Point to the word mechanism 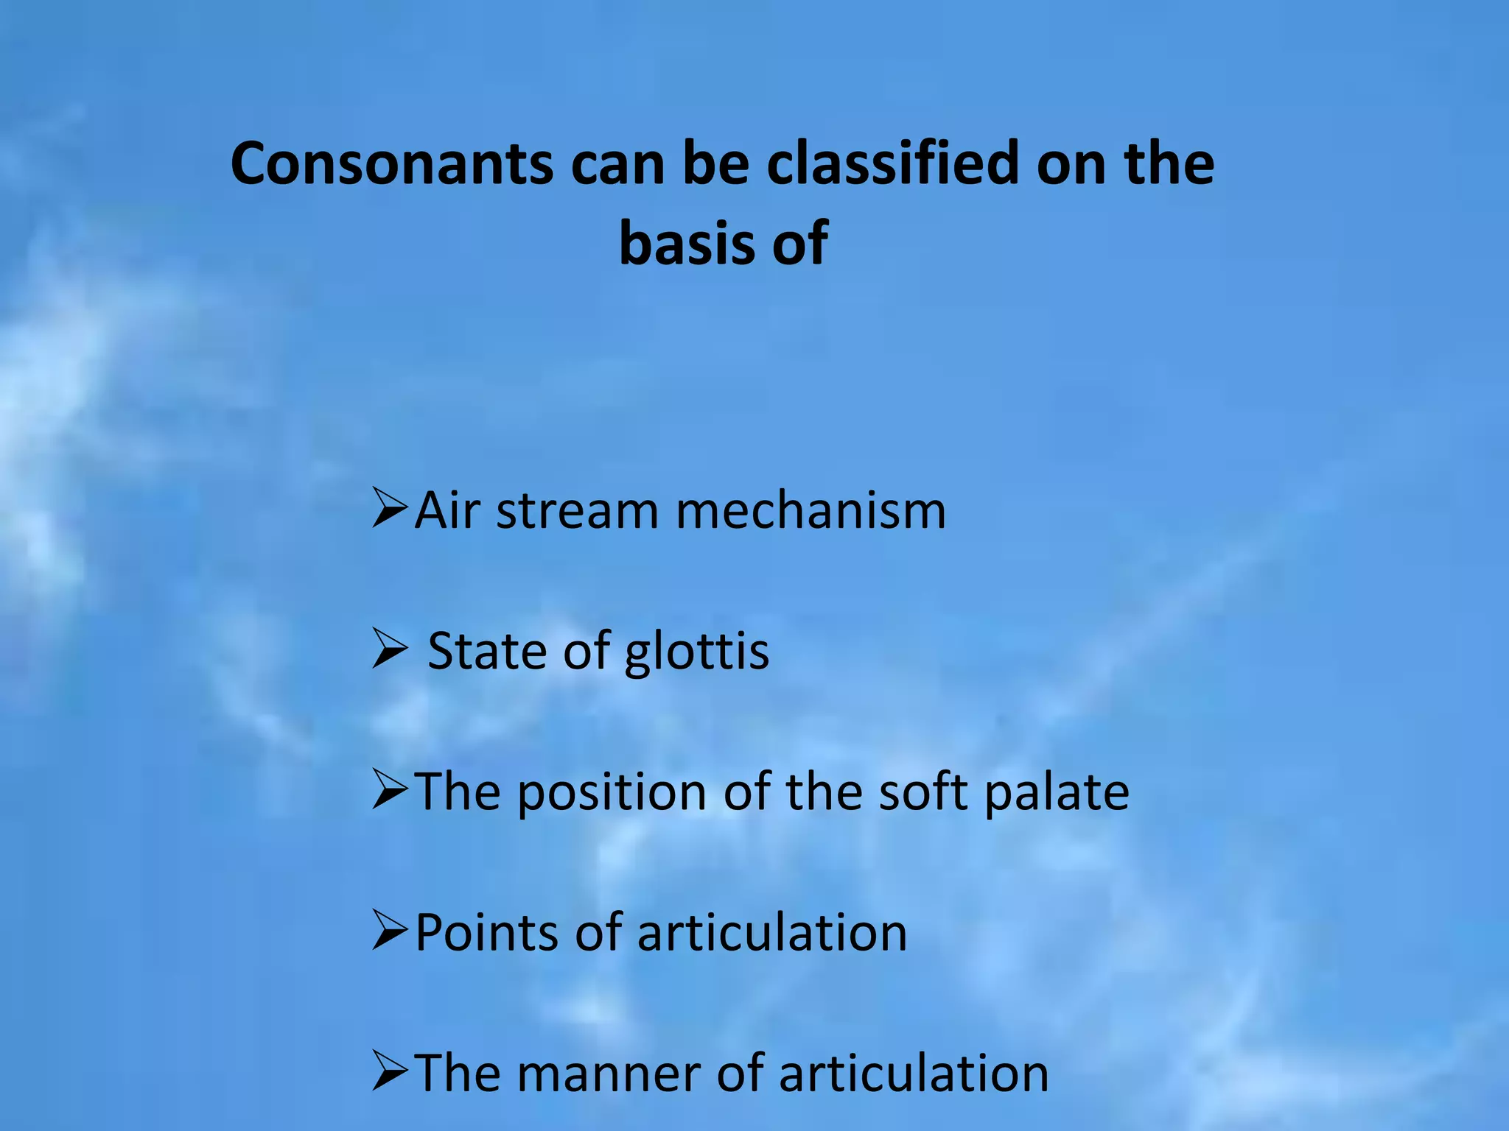click(810, 510)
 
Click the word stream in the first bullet click(577, 510)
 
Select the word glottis click(696, 652)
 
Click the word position click(613, 793)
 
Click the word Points click(486, 933)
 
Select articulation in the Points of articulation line click(771, 933)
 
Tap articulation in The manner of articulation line click(913, 1074)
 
